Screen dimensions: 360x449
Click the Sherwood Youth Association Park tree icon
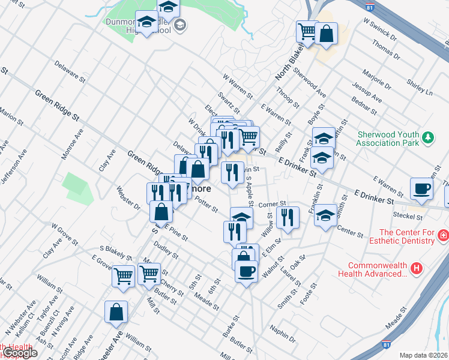(428, 138)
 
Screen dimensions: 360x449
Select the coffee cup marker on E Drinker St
(421, 188)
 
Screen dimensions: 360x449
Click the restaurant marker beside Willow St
(289, 217)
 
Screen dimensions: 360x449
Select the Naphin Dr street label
(283, 334)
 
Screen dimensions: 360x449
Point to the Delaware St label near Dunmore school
(67, 70)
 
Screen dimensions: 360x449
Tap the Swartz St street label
(229, 101)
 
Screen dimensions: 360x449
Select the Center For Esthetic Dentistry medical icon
(443, 234)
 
